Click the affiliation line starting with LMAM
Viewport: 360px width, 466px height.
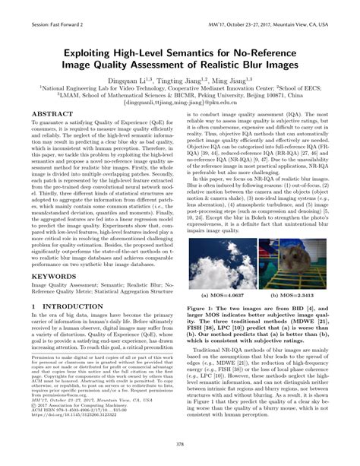click(179, 97)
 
